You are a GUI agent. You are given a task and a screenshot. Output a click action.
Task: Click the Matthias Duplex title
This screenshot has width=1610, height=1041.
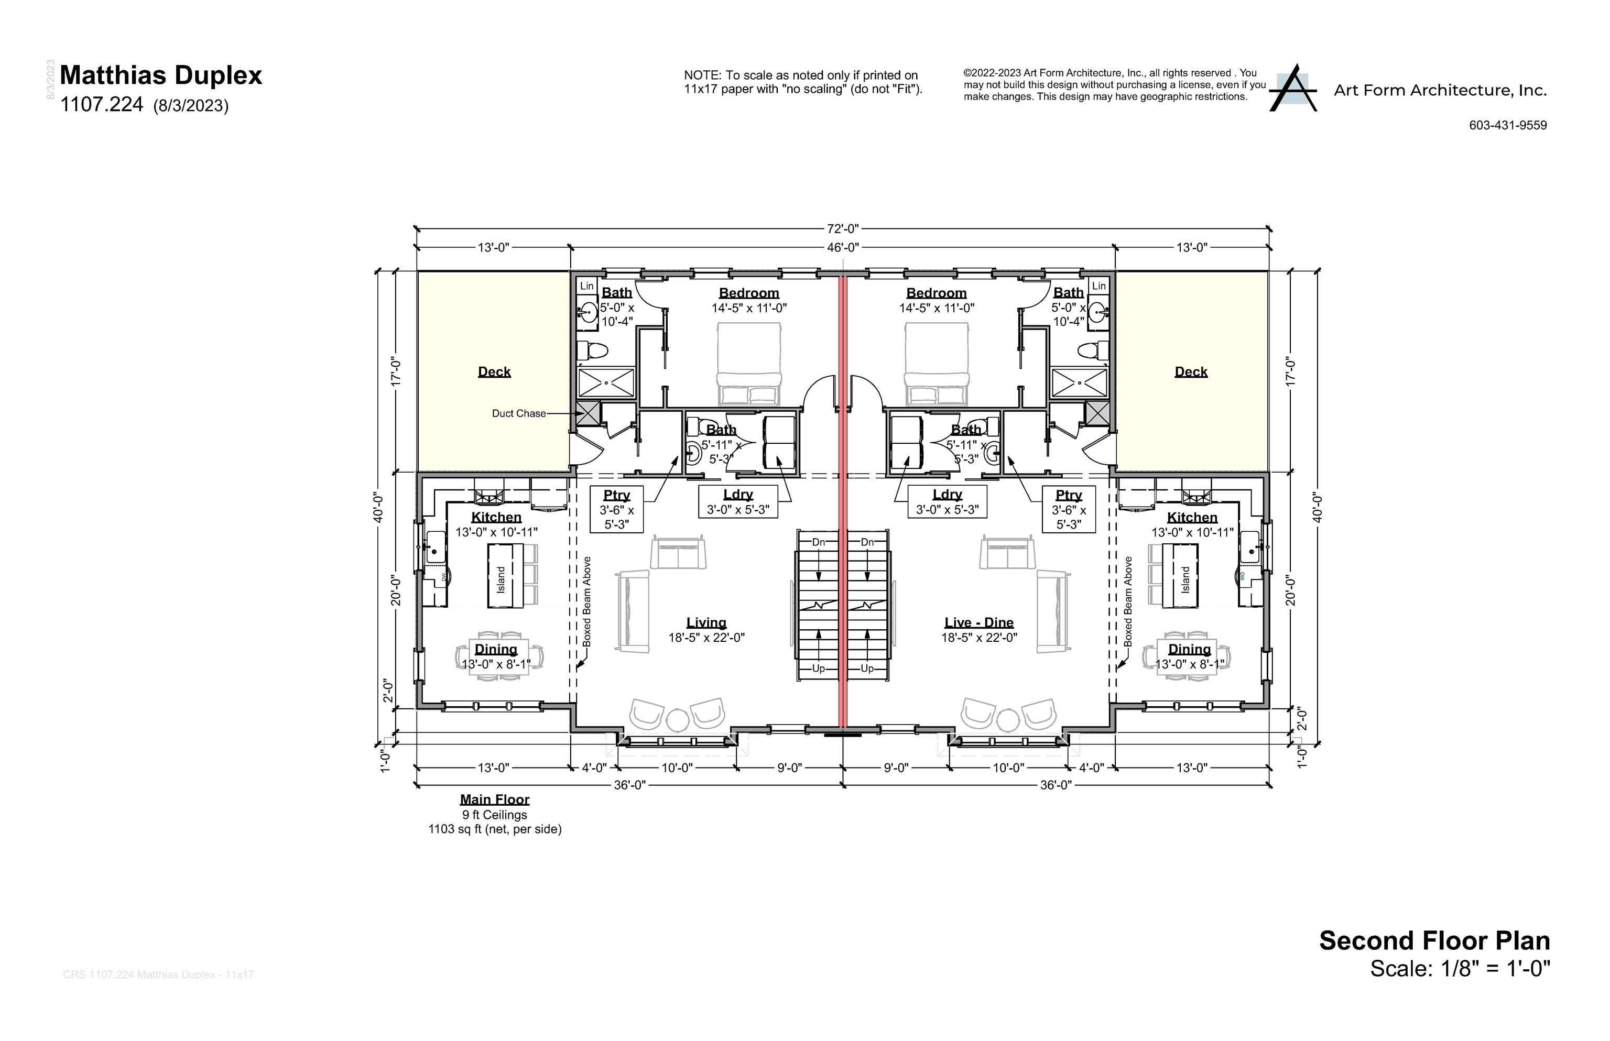(x=160, y=75)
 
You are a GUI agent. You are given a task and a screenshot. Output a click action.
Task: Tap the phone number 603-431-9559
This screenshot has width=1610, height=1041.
(x=1507, y=125)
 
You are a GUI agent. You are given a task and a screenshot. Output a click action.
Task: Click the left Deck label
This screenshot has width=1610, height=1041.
(x=494, y=372)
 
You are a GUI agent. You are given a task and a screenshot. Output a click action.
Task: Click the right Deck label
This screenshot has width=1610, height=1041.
(x=1190, y=372)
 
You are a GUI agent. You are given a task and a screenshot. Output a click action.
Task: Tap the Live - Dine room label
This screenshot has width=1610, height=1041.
(x=978, y=622)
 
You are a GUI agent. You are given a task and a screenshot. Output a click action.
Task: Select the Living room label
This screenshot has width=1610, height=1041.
(x=706, y=622)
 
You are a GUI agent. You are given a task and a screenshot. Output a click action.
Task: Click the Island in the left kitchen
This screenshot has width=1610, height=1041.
(x=501, y=576)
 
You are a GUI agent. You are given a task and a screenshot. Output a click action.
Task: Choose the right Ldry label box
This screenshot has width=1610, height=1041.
(x=946, y=501)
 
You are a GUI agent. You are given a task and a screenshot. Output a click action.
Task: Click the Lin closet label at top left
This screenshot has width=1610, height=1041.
(x=586, y=286)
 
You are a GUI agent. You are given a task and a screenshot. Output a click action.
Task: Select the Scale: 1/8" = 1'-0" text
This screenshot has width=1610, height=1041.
(x=1459, y=969)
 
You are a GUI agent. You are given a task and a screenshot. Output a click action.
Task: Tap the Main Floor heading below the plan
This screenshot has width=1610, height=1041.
(x=494, y=799)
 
